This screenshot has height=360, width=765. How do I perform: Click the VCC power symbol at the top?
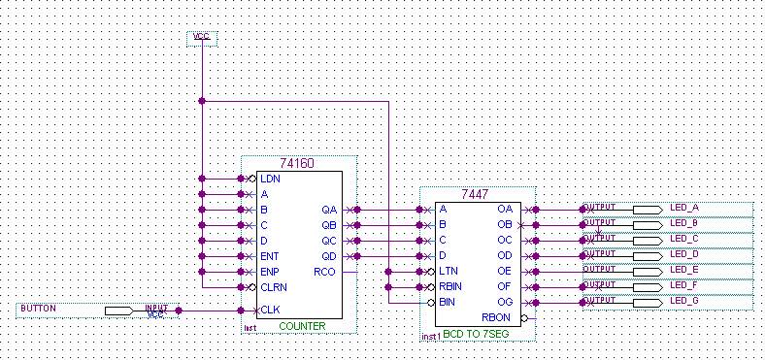[x=202, y=37]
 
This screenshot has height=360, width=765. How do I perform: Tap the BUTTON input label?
[x=38, y=309]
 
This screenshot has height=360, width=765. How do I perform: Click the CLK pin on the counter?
[x=269, y=311]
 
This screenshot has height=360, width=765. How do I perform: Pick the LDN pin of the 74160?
[x=270, y=179]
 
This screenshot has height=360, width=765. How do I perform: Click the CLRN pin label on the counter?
[x=273, y=287]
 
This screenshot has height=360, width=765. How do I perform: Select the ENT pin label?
[x=270, y=256]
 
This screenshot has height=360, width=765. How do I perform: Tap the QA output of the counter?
[x=329, y=210]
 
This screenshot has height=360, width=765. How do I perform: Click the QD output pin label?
[x=329, y=256]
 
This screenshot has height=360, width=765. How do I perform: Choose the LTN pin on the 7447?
[x=448, y=272]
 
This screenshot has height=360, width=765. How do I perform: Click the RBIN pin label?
[x=449, y=287]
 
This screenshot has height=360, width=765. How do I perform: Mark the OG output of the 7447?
[x=505, y=303]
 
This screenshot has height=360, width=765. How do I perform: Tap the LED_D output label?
[x=683, y=254]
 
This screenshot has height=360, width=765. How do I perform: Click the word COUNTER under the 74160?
[x=301, y=326]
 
